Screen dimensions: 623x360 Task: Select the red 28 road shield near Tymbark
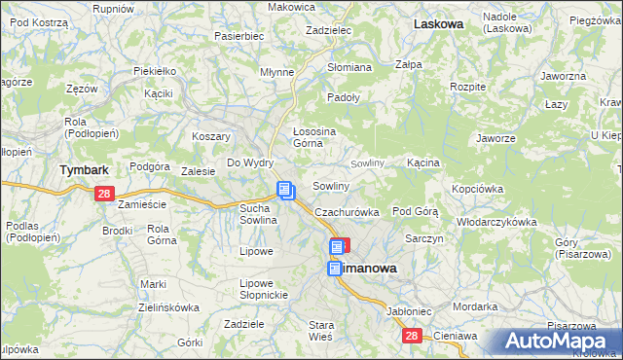(105, 195)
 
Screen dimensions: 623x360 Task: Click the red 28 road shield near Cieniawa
(412, 336)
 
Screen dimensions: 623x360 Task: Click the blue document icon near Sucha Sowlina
(285, 191)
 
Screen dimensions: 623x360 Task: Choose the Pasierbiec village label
(239, 36)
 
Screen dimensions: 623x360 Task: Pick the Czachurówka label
(346, 212)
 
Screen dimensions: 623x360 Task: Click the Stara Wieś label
(321, 330)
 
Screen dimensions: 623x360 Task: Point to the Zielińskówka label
(167, 306)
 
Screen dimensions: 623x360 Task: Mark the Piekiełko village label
(155, 71)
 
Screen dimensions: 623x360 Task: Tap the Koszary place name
(210, 136)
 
